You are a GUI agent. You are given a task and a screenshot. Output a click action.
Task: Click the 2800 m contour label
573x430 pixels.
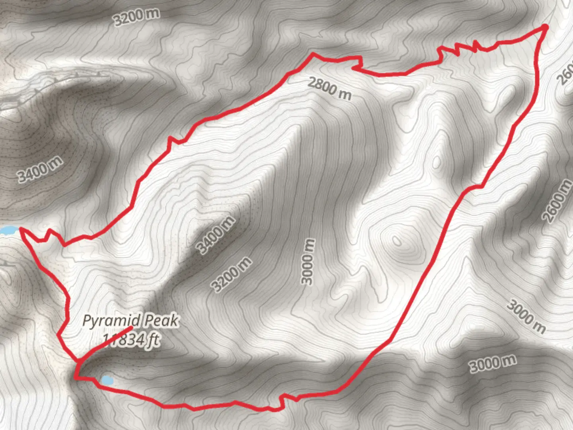click(x=329, y=89)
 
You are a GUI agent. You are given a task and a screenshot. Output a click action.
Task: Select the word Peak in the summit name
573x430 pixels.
click(x=162, y=321)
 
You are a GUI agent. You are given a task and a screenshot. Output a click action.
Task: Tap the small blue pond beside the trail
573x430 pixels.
click(x=107, y=380)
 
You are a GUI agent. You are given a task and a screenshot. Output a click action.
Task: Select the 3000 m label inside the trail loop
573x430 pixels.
click(x=308, y=262)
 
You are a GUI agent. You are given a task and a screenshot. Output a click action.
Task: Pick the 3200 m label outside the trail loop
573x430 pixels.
click(x=136, y=17)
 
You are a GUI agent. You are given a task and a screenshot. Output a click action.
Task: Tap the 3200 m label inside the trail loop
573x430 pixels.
click(x=232, y=274)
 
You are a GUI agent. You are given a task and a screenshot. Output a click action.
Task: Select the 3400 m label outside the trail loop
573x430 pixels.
click(x=40, y=169)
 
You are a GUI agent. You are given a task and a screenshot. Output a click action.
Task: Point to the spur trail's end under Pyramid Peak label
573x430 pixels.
click(x=131, y=328)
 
